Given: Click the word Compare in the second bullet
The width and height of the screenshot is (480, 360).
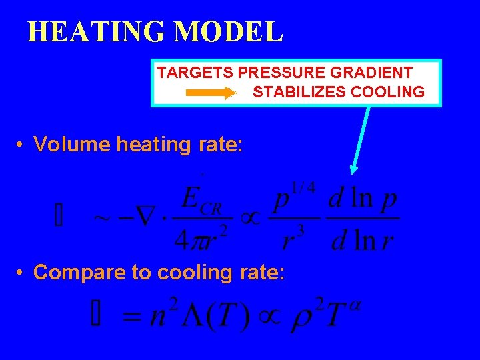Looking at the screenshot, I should tap(73, 272).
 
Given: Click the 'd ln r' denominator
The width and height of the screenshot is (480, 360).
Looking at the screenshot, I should tap(363, 238).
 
